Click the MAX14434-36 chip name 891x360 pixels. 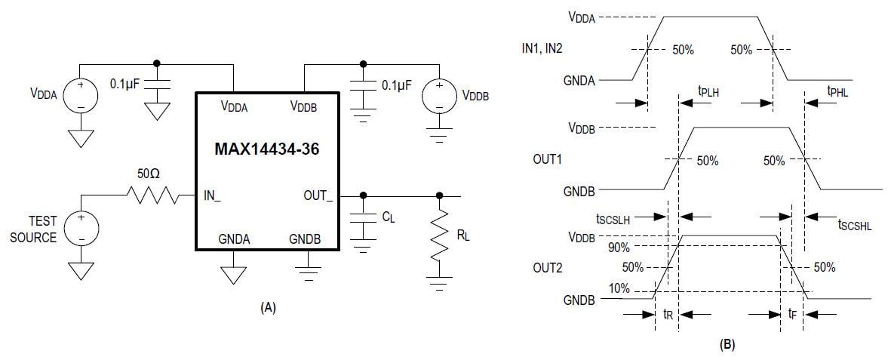pos(266,149)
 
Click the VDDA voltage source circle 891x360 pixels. pos(80,96)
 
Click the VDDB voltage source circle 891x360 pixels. pos(437,96)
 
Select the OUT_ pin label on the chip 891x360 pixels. pos(317,195)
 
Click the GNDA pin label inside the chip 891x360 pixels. pos(235,238)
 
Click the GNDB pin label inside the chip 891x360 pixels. pos(305,238)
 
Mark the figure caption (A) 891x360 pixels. pos(268,307)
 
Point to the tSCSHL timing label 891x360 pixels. pos(855,224)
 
